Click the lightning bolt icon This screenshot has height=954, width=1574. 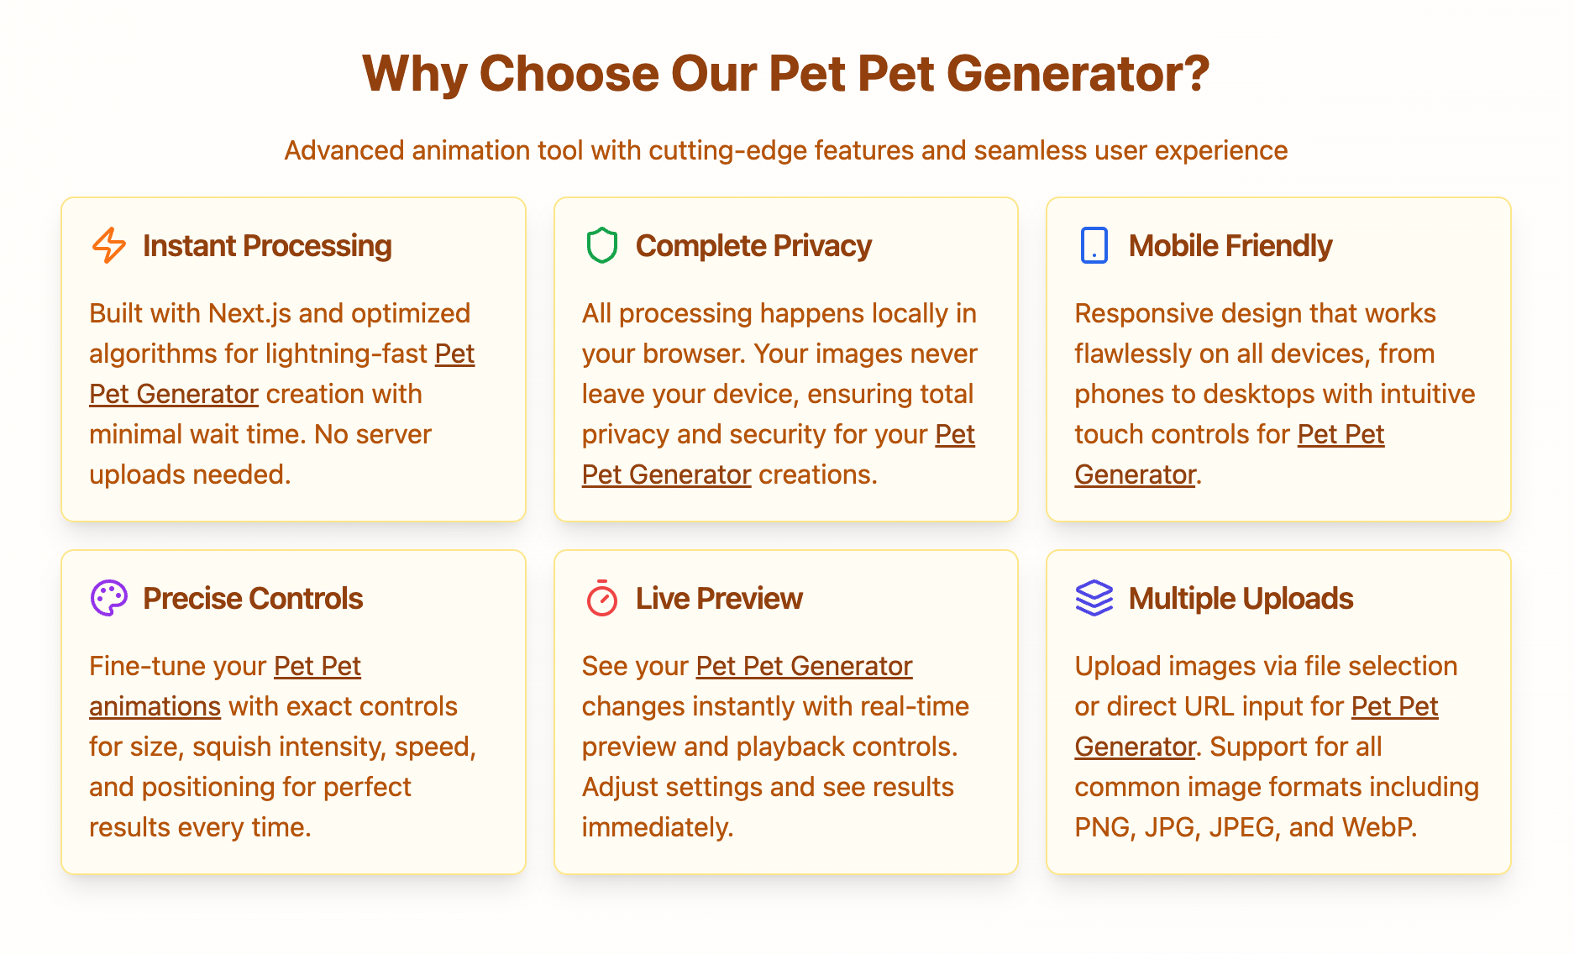pos(109,245)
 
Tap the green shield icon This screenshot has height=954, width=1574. pos(601,245)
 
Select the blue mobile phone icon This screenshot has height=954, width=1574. pos(1094,245)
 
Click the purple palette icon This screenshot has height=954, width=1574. pos(109,598)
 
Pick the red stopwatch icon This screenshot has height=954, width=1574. pos(601,598)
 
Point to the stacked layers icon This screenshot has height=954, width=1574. pos(1094,598)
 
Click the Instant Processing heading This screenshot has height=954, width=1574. pos(267,245)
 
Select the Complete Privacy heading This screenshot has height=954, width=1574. pos(753,245)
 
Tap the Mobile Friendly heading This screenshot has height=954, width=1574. pos(1230,245)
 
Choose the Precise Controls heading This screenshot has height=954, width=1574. pos(253,598)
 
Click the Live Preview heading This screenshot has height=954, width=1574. pos(719,598)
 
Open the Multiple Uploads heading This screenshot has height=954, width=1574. pos(1241,598)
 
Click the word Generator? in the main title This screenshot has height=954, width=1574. pos(1078,74)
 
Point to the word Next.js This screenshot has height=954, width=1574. pos(249,313)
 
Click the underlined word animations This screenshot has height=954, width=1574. pos(155,706)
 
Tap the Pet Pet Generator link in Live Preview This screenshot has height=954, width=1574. pos(804,666)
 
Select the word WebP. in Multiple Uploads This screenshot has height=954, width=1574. pos(1379,827)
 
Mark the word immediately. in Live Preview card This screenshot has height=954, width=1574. pos(658,827)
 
